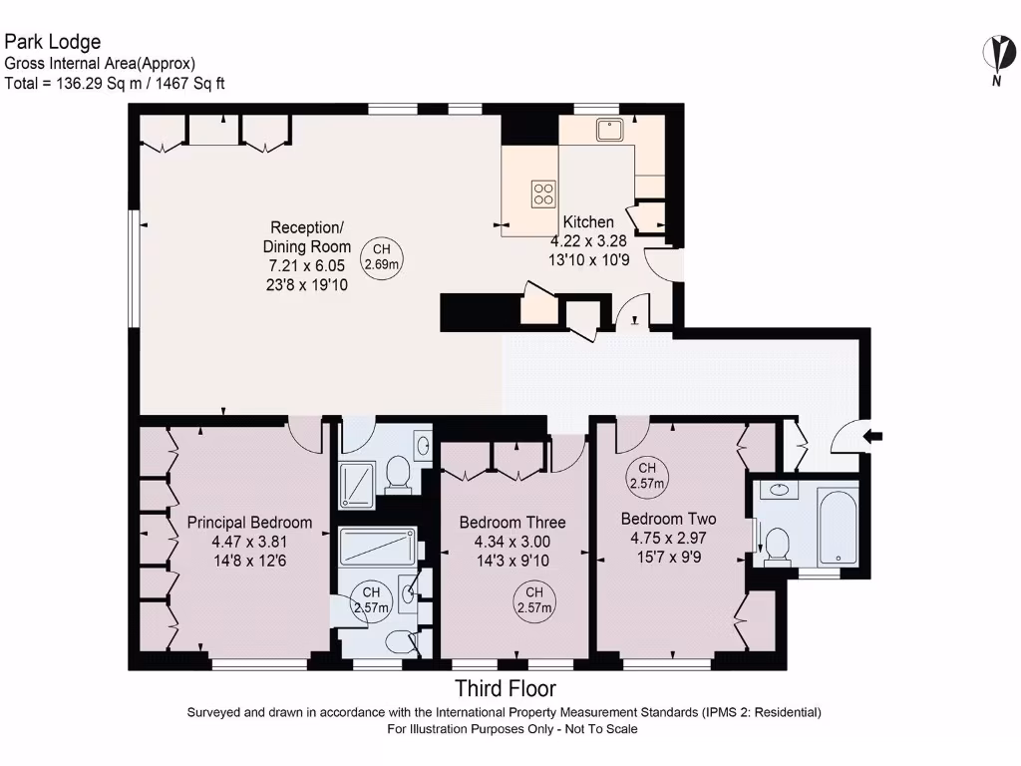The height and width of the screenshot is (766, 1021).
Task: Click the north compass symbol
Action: coord(999,60)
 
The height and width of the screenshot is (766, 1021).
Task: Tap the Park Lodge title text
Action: coord(53,42)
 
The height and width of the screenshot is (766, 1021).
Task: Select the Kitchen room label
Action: coord(588,222)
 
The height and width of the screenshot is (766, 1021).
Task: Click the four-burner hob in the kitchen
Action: coord(543,193)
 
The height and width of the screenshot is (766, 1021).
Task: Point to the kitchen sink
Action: coord(609,130)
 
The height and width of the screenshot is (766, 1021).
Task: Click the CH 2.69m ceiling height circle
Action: coord(382,257)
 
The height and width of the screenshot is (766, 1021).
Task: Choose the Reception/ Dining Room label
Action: coord(307,237)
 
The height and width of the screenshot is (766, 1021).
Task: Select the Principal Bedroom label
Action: coord(249,523)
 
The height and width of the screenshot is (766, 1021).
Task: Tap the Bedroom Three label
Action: coord(512,523)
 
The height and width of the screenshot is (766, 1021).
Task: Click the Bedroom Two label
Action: coord(669,519)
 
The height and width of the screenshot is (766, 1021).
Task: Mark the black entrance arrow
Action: coord(872,436)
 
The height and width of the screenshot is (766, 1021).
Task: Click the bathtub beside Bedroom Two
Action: coord(838,528)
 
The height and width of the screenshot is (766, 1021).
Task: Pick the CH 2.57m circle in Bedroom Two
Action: coord(646,476)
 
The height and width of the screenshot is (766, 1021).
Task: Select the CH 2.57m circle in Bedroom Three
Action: coord(534,600)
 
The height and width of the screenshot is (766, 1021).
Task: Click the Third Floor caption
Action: coord(506,688)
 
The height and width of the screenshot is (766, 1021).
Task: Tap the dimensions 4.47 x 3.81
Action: coord(249,542)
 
